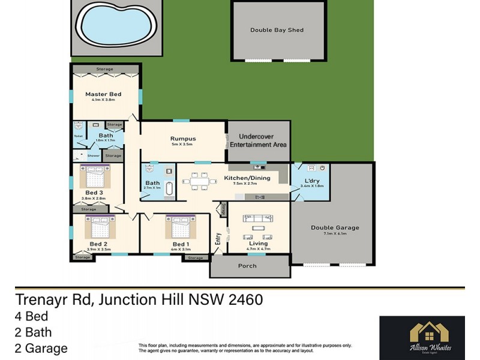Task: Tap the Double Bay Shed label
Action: tap(277, 30)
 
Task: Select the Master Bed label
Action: tap(103, 94)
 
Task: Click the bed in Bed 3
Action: tap(95, 179)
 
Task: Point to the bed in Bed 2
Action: tap(100, 227)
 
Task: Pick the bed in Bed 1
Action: tap(180, 227)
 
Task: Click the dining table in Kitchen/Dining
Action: tap(197, 180)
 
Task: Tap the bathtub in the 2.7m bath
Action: tap(170, 189)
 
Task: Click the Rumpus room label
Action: tap(183, 139)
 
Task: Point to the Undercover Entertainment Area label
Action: tap(259, 140)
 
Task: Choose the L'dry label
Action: tap(311, 181)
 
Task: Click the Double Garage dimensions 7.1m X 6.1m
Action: tap(334, 234)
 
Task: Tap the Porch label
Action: tap(247, 266)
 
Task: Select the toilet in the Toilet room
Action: tap(78, 127)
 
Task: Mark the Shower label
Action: tap(94, 155)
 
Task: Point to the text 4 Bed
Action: tap(31, 316)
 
